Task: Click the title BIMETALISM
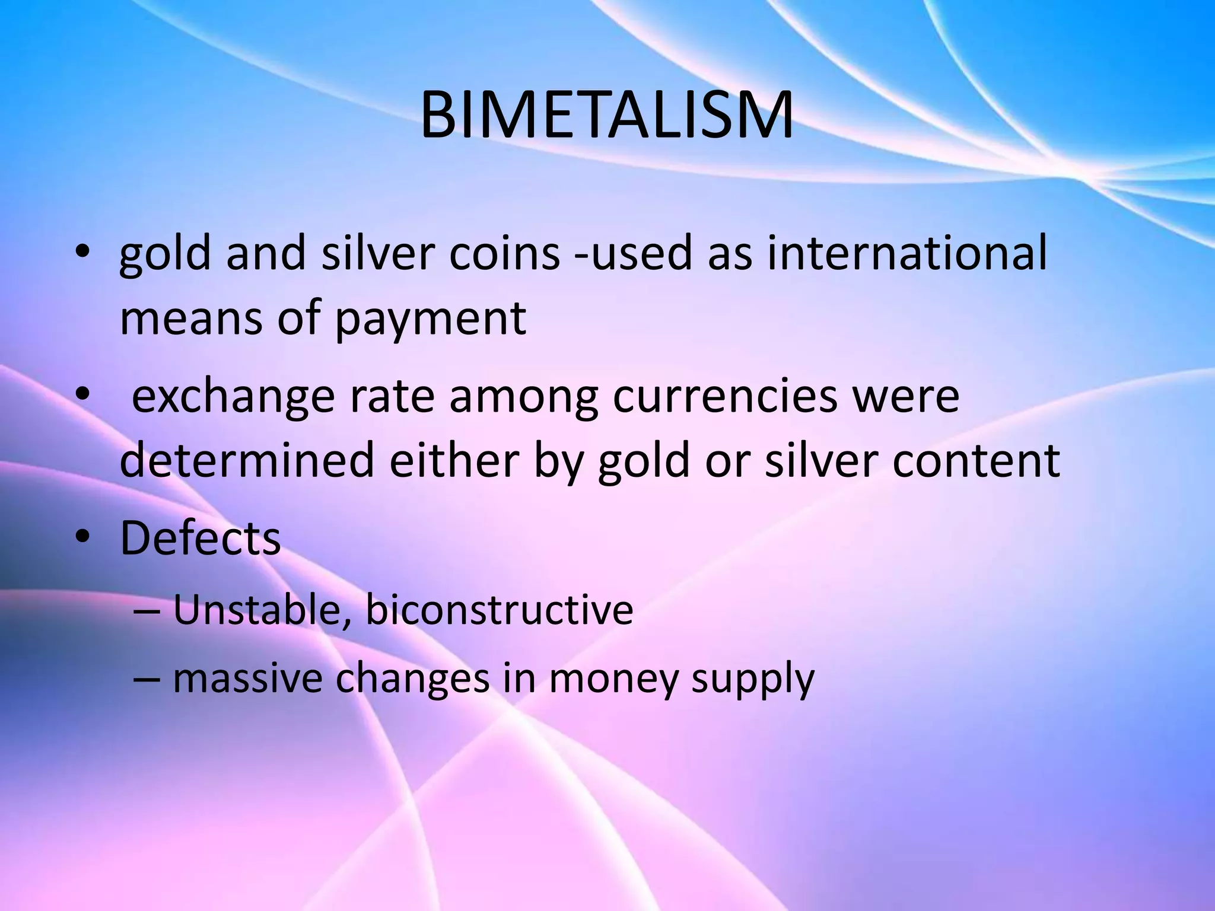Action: [606, 116]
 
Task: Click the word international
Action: [907, 253]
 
